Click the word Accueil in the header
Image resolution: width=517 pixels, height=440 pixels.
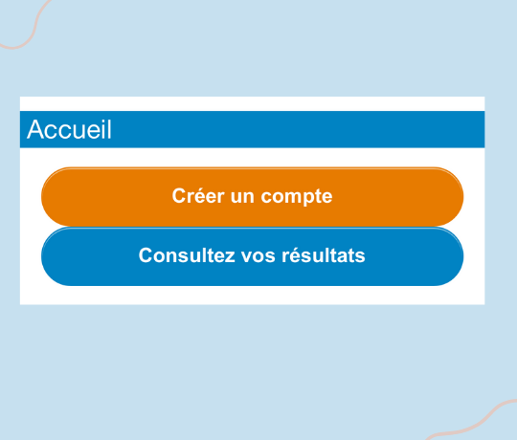click(69, 129)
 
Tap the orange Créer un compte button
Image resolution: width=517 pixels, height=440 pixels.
click(252, 197)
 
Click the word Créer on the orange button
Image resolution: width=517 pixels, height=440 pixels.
click(198, 196)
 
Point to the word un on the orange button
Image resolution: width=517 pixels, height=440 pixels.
click(242, 197)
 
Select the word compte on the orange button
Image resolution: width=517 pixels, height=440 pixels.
click(297, 198)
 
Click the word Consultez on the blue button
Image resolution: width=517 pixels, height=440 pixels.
click(187, 255)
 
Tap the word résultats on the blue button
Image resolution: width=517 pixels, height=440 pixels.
click(324, 255)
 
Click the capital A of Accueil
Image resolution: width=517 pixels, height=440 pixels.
click(35, 129)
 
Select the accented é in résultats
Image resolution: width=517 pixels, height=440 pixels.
click(295, 255)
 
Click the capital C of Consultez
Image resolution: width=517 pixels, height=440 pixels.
click(146, 255)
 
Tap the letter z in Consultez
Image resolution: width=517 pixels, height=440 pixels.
click(230, 257)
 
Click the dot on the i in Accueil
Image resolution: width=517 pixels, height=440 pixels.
click(101, 121)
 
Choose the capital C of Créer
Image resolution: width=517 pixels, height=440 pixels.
click(179, 196)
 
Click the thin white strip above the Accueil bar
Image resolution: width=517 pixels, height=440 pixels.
click(252, 103)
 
